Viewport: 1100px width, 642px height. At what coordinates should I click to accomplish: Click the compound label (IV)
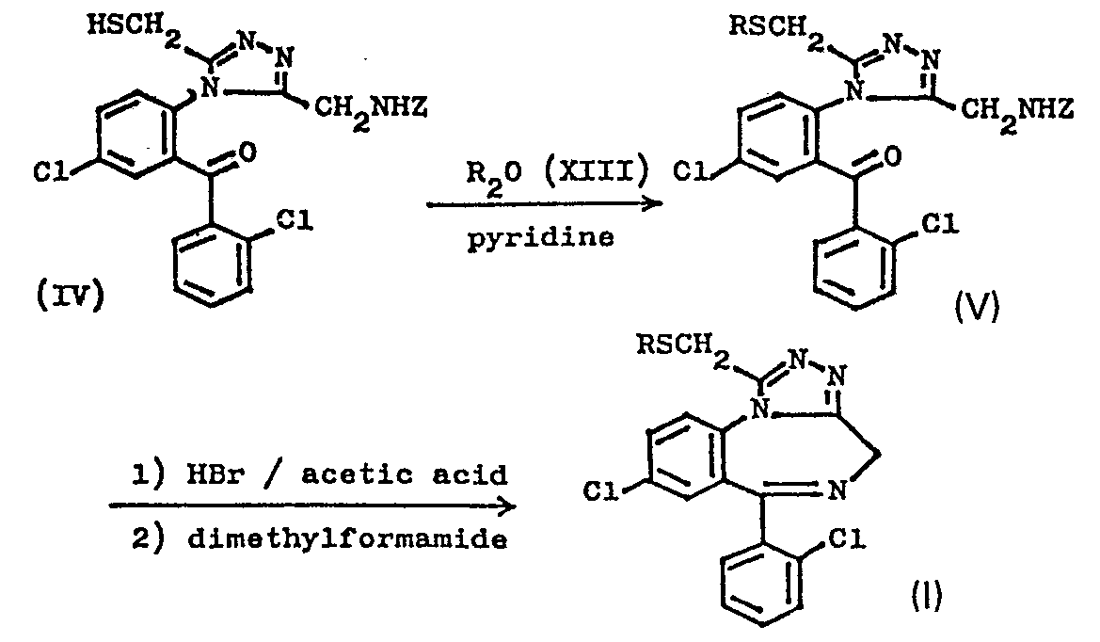point(70,296)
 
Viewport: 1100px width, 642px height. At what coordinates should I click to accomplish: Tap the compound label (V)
point(978,306)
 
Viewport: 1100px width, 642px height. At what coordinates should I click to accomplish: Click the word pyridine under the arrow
point(540,238)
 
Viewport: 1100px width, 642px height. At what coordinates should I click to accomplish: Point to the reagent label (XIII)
point(597,172)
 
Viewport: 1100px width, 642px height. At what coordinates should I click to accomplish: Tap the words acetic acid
point(404,475)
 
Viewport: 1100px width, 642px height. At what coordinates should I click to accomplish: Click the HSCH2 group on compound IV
point(134,29)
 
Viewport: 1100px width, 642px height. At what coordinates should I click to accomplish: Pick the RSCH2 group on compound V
point(775,29)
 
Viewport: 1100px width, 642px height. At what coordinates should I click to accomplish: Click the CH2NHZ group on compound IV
point(371,111)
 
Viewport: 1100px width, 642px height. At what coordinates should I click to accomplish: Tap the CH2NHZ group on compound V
point(1016,111)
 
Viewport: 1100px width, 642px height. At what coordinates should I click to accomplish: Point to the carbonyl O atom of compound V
point(892,155)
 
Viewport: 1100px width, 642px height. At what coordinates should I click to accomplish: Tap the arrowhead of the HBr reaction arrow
point(506,506)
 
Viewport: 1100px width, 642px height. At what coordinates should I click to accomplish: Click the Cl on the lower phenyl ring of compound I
point(847,539)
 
